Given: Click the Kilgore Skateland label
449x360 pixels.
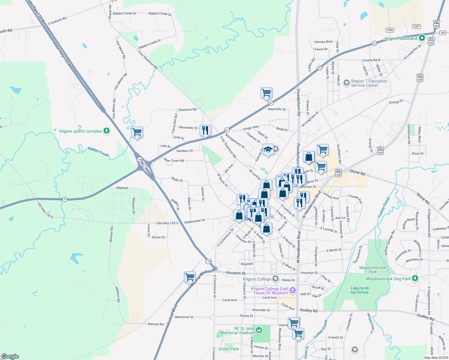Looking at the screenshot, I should [x=401, y=38].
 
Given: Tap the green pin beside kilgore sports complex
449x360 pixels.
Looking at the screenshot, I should [x=106, y=131].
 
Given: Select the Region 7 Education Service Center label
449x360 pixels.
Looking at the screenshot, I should [x=369, y=83].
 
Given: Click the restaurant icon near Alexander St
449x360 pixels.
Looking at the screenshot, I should [x=205, y=130].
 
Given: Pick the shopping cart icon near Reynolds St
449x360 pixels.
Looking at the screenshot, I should [x=266, y=93].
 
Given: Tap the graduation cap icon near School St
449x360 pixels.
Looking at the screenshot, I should [x=268, y=149].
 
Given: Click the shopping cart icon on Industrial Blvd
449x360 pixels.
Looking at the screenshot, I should [x=190, y=277].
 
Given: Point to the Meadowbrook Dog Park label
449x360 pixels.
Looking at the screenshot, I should [x=388, y=279].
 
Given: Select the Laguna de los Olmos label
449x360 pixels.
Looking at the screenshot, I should [x=360, y=290].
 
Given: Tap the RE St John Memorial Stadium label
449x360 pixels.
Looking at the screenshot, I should [x=237, y=331].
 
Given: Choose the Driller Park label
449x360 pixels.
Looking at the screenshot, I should [x=229, y=349].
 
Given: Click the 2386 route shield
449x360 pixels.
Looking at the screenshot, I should [x=390, y=30].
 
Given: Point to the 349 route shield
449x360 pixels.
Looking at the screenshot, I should [x=442, y=33].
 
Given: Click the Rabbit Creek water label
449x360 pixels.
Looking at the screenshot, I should [x=98, y=151].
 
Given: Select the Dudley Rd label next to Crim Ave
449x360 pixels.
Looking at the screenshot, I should [x=309, y=310].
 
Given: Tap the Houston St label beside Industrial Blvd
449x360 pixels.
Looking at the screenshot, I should [x=235, y=273].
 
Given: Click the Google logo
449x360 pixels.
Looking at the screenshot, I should [x=10, y=356].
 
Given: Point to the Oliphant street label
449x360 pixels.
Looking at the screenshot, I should [x=122, y=188].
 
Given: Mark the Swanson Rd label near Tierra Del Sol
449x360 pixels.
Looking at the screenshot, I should [x=187, y=109].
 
